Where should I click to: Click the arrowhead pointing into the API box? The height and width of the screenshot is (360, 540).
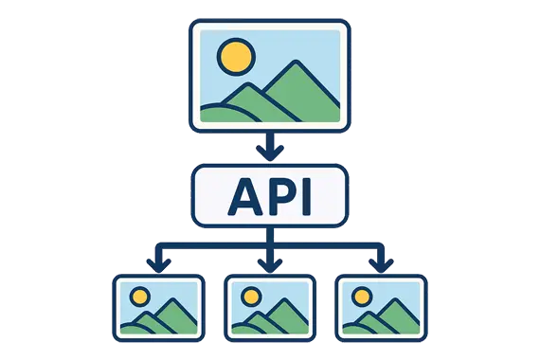tap(270, 154)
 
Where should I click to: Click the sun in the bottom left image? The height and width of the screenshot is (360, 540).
tap(140, 296)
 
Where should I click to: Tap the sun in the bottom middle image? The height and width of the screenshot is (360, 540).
tap(252, 296)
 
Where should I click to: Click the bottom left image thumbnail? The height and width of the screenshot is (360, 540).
tap(158, 308)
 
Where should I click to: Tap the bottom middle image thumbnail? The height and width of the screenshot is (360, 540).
tap(270, 308)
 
